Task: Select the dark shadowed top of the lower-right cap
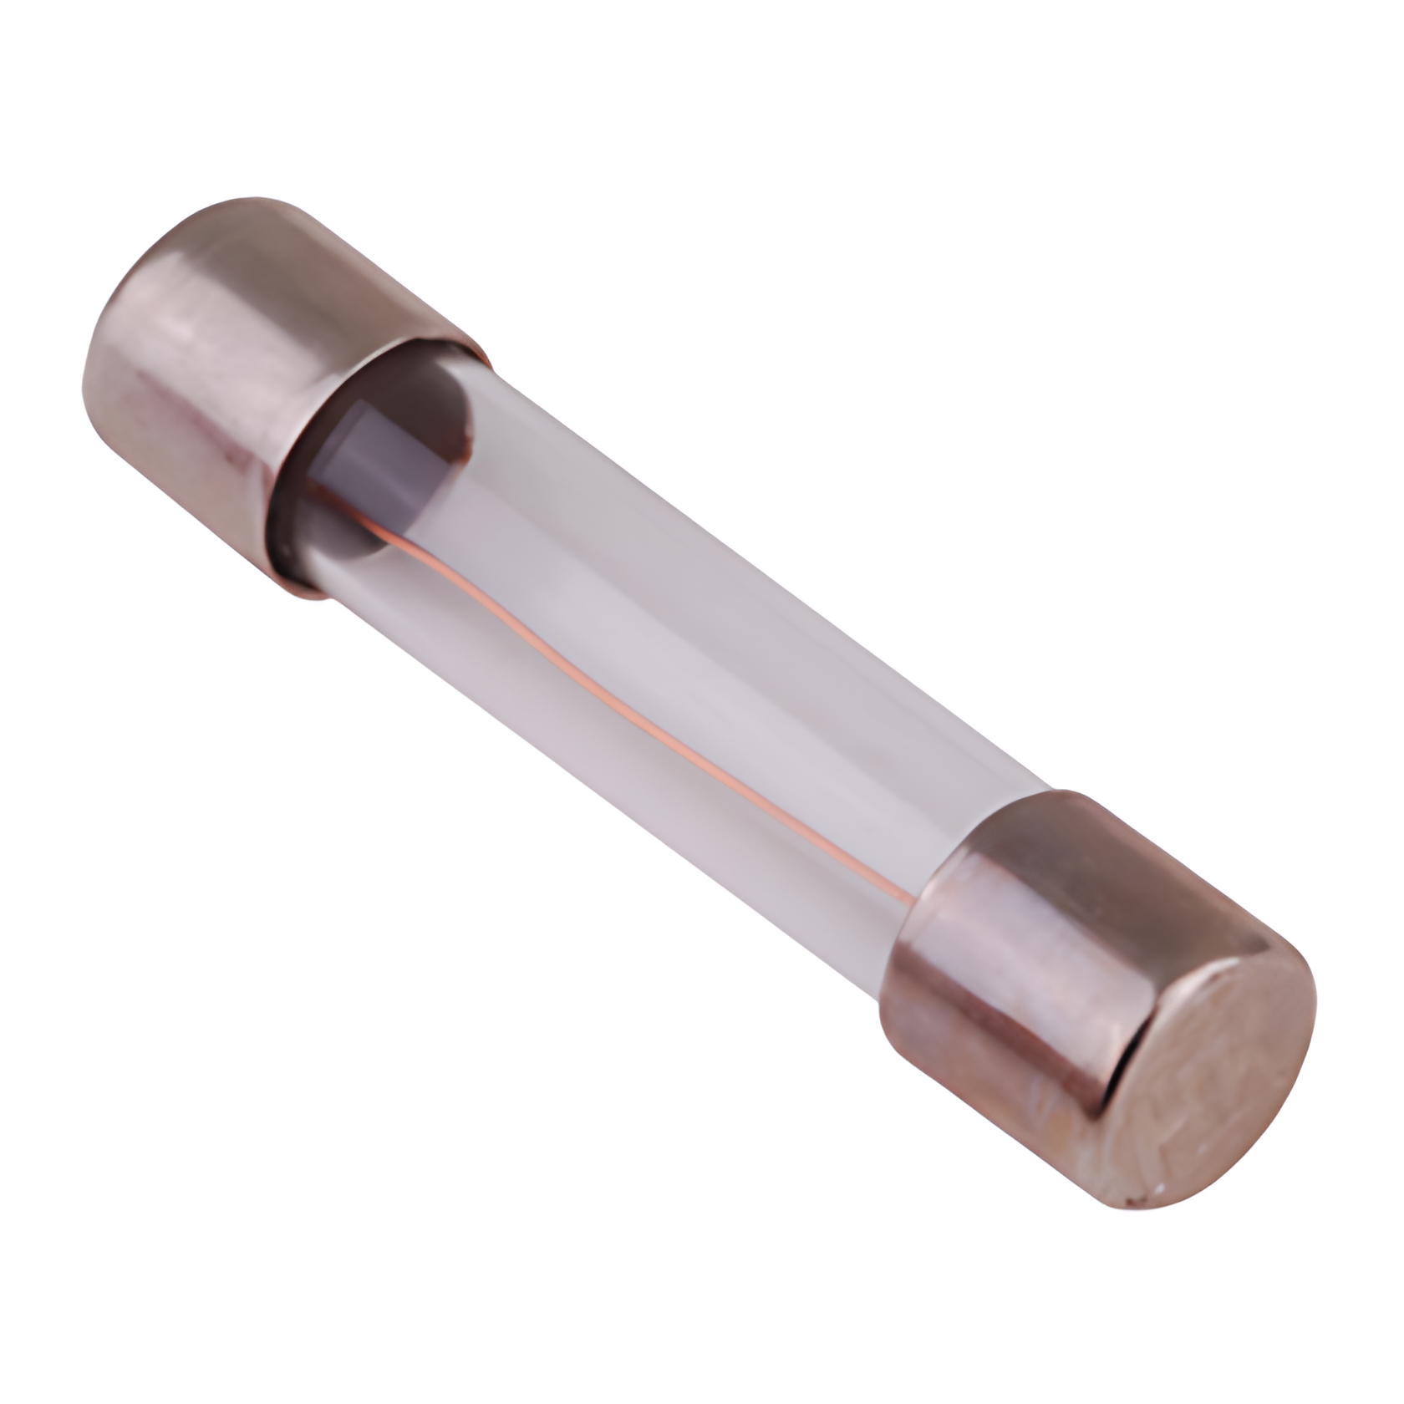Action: (1111, 844)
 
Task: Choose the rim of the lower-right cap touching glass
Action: (936, 911)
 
